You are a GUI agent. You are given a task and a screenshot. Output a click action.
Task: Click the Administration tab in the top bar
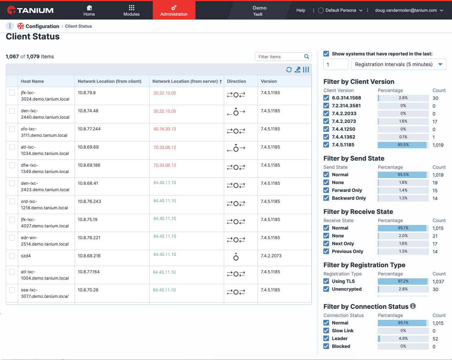174,10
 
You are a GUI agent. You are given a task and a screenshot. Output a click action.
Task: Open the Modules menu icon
131,8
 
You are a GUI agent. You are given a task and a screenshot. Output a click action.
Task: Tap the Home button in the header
89,11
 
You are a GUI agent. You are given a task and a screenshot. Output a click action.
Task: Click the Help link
301,10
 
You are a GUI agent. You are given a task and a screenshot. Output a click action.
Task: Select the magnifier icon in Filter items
306,57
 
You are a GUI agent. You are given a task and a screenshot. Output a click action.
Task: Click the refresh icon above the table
289,70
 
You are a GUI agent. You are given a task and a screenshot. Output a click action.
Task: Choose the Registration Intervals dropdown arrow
440,64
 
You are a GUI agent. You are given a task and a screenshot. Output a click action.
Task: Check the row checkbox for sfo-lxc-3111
12,129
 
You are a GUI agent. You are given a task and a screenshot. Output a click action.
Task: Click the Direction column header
236,81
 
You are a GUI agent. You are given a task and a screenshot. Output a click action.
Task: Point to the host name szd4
26,256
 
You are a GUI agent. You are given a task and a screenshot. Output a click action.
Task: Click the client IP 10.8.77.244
89,129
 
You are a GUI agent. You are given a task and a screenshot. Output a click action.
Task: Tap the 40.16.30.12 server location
165,129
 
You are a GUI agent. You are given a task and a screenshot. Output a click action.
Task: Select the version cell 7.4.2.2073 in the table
271,256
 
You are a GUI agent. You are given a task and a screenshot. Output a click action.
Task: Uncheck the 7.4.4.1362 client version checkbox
326,137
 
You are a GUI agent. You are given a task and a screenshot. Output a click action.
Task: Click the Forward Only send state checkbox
326,190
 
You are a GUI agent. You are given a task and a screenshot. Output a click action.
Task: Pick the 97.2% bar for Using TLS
403,281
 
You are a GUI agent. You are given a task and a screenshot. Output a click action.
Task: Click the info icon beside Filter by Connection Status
413,306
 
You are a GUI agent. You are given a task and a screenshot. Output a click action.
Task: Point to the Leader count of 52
435,339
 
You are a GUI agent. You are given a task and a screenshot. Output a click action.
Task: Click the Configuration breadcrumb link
42,26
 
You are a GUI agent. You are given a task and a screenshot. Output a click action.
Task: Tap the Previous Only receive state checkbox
326,251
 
